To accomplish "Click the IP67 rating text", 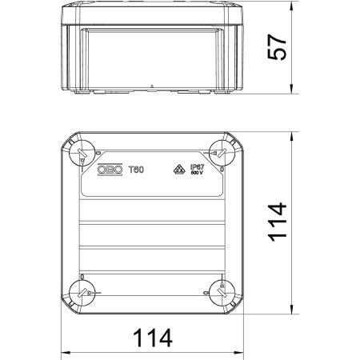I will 197,166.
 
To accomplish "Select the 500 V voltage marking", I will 197,174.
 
